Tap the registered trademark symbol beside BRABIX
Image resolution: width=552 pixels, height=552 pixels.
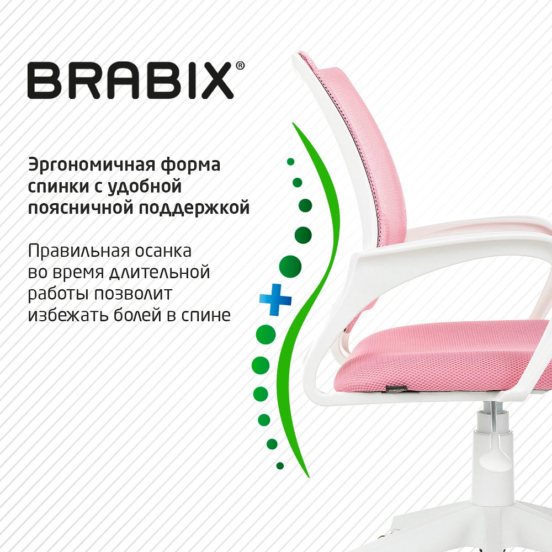point(240,66)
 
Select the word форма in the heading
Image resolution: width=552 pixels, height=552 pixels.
point(190,165)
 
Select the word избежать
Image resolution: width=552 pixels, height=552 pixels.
point(67,315)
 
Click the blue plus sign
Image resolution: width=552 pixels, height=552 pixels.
point(275,300)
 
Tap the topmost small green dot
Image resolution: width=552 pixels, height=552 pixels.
point(290,162)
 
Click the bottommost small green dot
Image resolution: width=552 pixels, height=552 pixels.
point(280,466)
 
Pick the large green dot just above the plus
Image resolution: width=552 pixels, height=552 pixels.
point(290,266)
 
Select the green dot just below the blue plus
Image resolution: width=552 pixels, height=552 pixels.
point(266,334)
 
